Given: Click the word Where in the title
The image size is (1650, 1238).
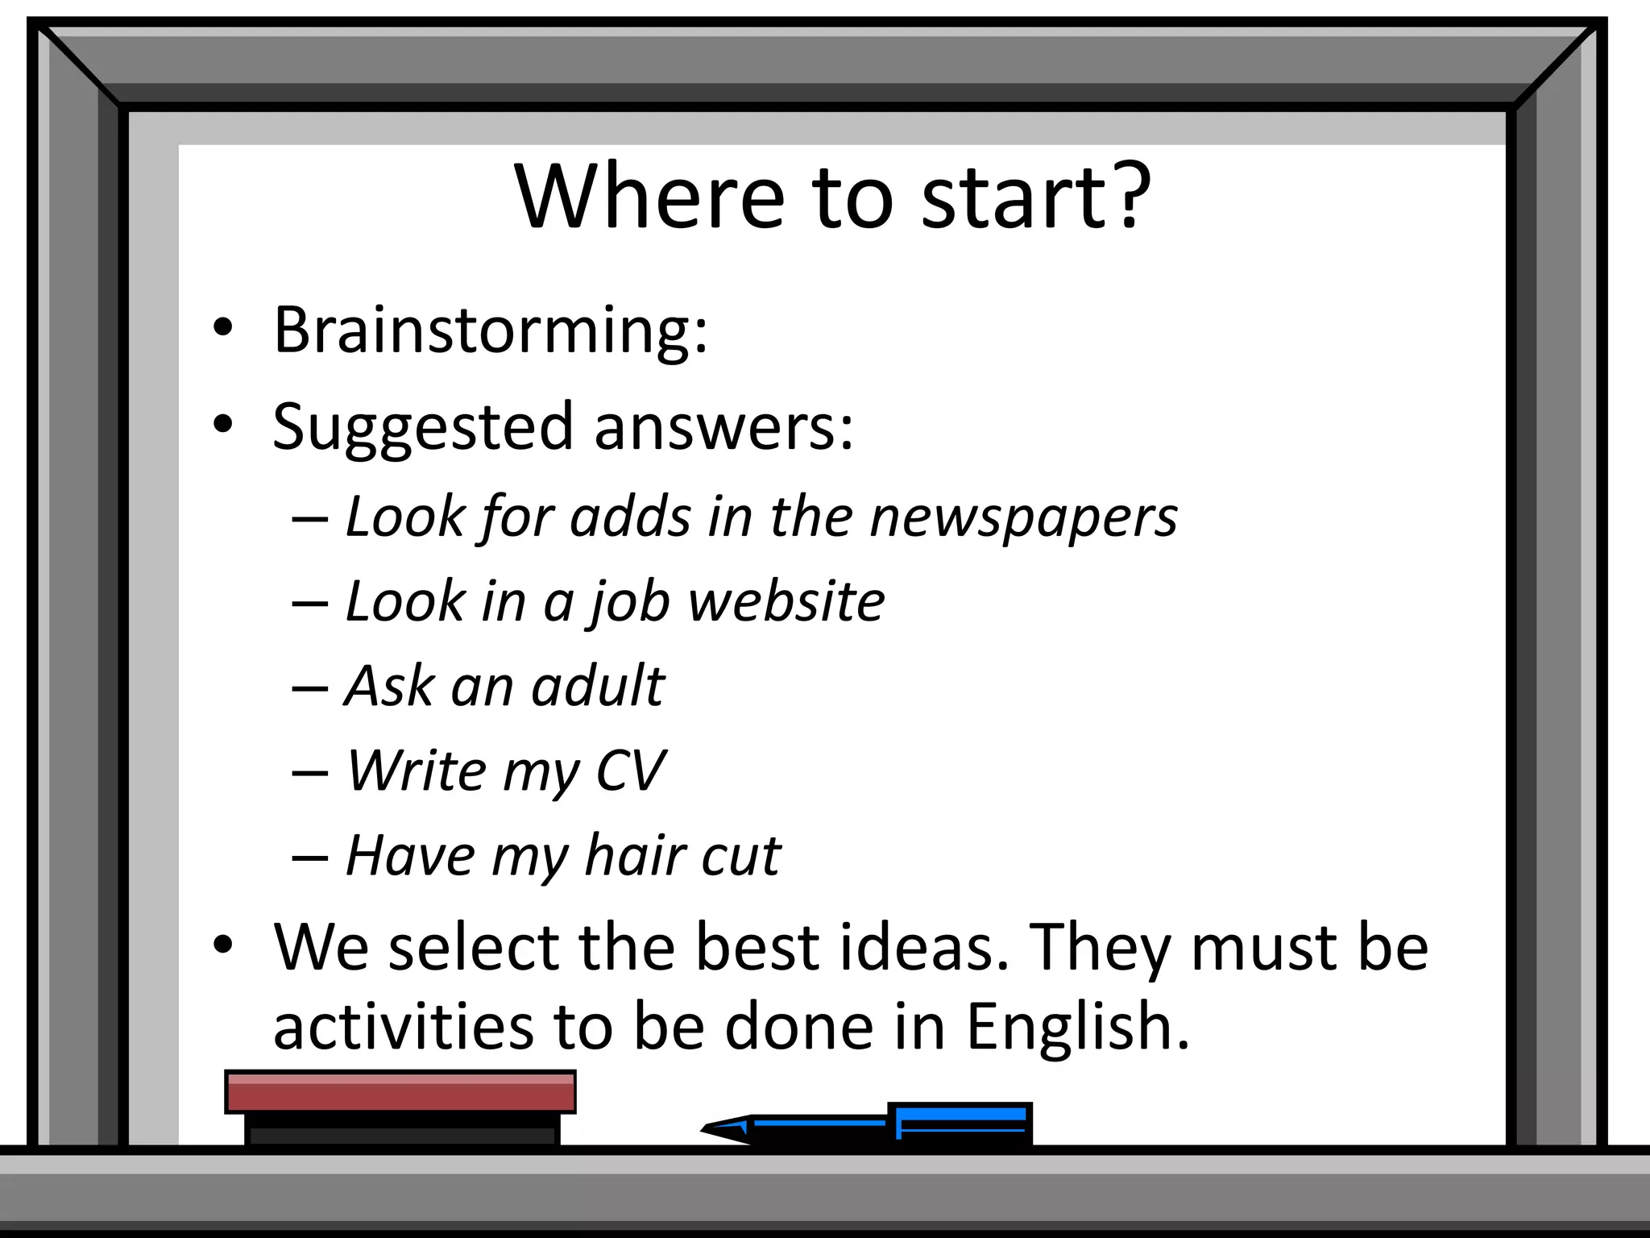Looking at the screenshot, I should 649,197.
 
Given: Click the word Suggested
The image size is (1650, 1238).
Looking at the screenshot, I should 422,428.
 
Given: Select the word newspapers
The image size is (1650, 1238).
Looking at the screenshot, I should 1023,518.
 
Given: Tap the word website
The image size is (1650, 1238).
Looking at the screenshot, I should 786,601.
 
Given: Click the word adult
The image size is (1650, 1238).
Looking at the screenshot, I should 598,686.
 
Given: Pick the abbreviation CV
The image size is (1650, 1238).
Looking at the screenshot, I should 630,771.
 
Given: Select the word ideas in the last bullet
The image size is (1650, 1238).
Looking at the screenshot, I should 914,947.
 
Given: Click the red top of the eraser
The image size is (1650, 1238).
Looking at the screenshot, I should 400,1091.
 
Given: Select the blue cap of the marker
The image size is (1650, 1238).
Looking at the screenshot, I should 960,1123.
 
